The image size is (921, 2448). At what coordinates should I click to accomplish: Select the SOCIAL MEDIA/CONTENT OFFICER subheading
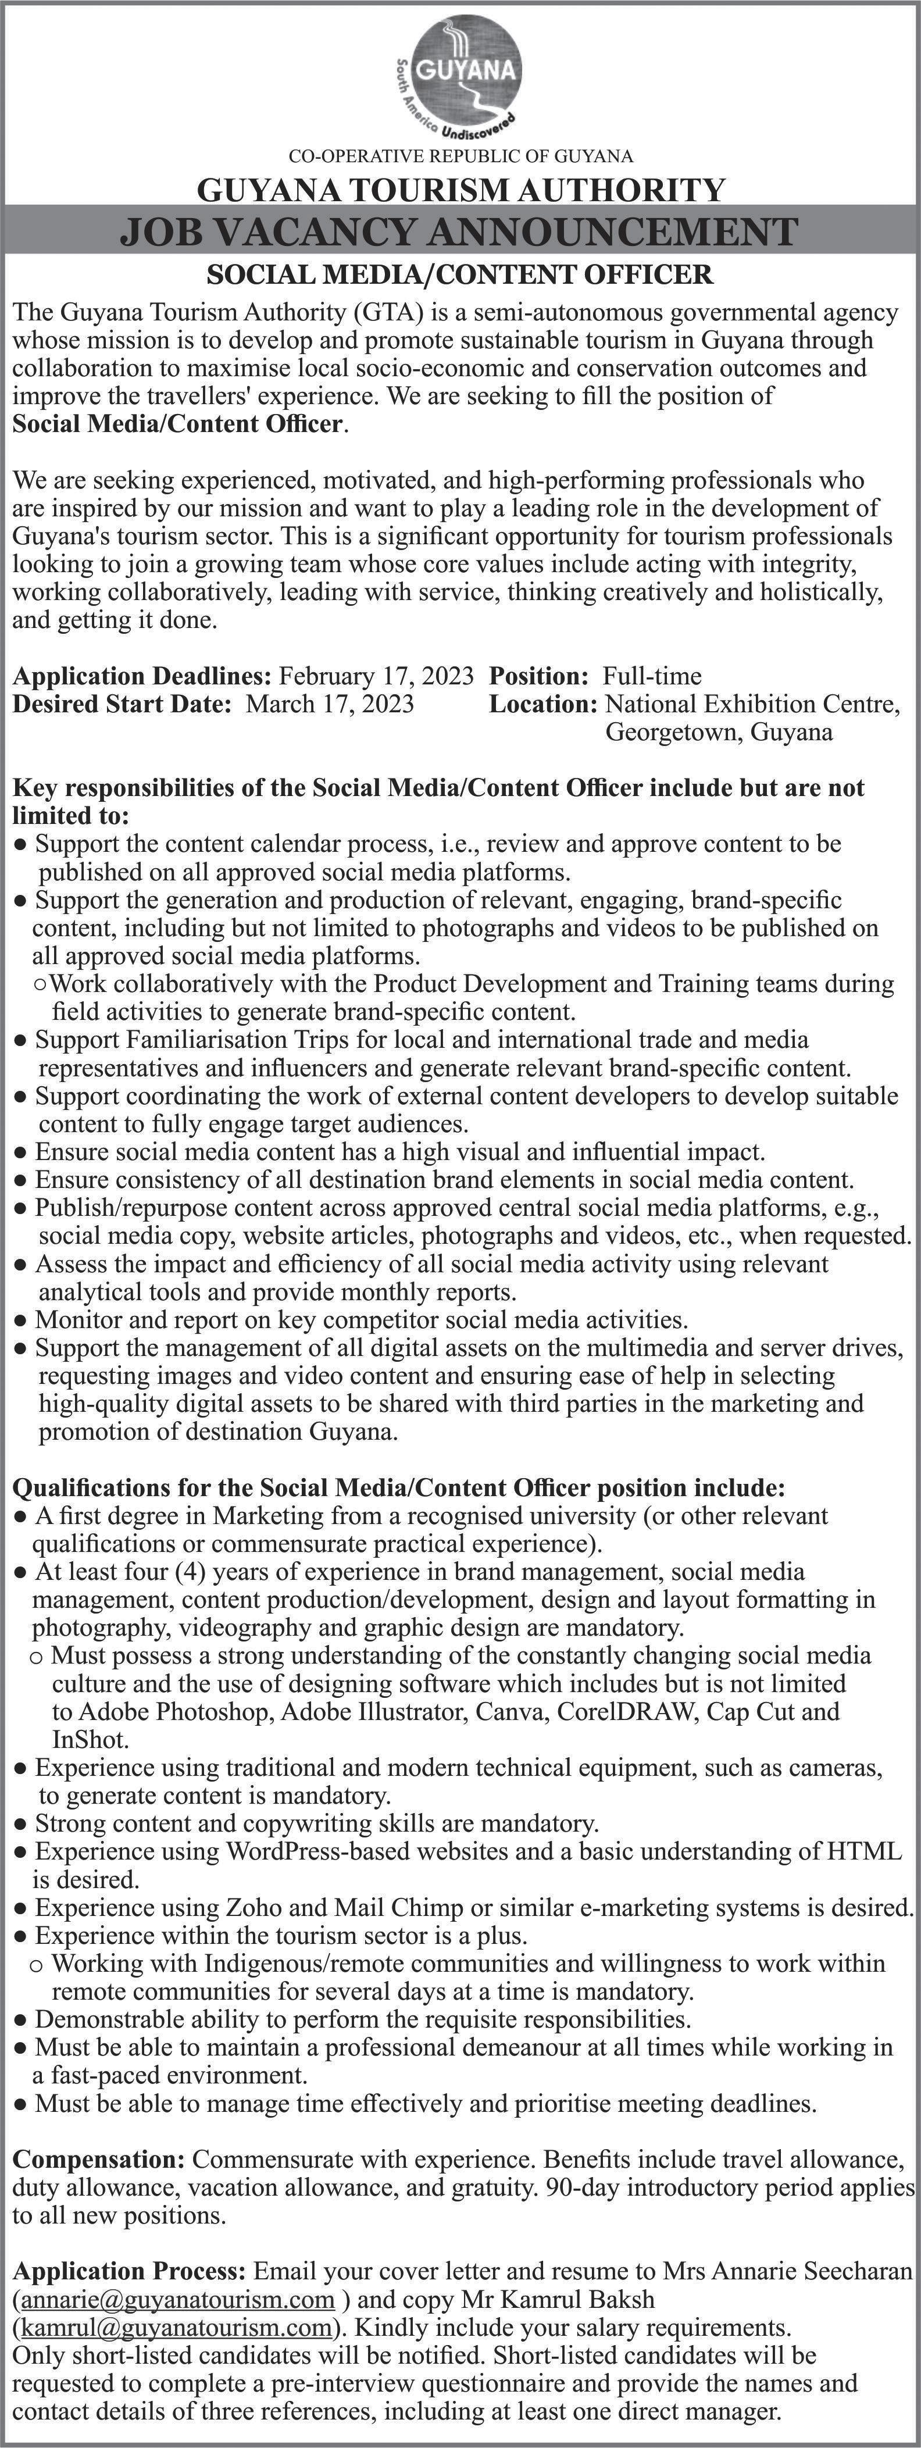460,276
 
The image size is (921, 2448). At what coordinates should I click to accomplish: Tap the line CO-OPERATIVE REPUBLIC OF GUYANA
460,155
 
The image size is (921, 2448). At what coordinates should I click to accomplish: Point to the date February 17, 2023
376,677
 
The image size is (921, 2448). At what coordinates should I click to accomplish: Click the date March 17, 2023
330,704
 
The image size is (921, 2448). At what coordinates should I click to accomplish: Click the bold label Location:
542,704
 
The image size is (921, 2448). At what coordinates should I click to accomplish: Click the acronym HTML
864,1851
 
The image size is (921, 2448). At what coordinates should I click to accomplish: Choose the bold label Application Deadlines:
142,677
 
